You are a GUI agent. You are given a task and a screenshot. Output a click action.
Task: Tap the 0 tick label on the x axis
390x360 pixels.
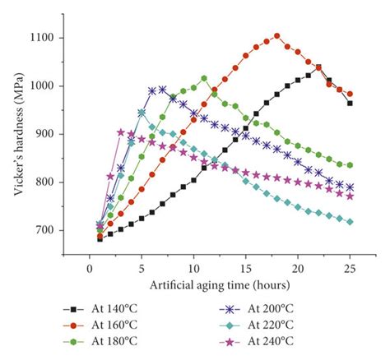tap(90, 269)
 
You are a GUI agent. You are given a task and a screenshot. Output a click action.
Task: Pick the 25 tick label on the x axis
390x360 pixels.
tap(350, 269)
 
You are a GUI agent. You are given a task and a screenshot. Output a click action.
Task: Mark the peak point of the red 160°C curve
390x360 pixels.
tap(276, 36)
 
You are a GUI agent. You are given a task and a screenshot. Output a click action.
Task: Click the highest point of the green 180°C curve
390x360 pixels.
tap(204, 78)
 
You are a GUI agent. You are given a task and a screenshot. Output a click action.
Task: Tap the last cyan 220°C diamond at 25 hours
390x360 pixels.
tap(350, 222)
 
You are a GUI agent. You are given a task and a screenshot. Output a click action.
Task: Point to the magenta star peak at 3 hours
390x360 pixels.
tap(121, 132)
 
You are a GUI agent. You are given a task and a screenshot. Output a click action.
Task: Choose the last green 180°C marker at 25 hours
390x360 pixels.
tap(350, 165)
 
